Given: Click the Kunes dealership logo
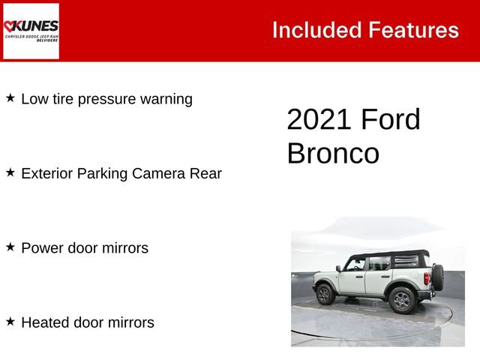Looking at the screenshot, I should pyautogui.click(x=31, y=31).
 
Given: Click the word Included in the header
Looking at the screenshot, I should pyautogui.click(x=316, y=30).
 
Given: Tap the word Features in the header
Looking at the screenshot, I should pyautogui.click(x=413, y=30).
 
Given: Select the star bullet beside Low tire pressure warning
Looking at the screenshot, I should pyautogui.click(x=10, y=98).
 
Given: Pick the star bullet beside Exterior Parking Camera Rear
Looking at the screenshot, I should pyautogui.click(x=10, y=172).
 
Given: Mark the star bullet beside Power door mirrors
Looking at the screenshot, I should pyautogui.click(x=10, y=247).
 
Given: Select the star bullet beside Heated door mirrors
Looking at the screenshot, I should pyautogui.click(x=10, y=322).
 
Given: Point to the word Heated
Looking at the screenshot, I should pyautogui.click(x=45, y=322).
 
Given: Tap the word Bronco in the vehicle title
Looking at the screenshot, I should pyautogui.click(x=333, y=154).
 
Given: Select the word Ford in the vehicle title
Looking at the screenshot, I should pyautogui.click(x=391, y=120).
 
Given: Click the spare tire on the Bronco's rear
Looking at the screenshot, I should pyautogui.click(x=436, y=277).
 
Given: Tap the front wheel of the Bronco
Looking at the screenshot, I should pyautogui.click(x=325, y=293).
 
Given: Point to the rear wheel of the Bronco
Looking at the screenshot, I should pyautogui.click(x=401, y=300).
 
